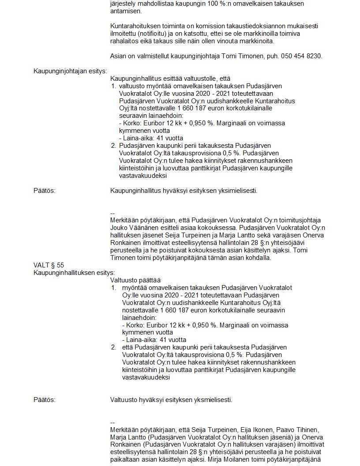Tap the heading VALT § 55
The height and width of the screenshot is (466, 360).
coord(49,265)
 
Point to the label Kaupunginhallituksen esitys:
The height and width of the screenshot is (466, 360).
coord(74,273)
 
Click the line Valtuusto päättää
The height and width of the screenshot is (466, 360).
coord(135,280)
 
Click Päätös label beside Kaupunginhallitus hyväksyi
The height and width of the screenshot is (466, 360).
coord(45,191)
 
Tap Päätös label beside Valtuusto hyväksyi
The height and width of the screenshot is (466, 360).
coord(45,400)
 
